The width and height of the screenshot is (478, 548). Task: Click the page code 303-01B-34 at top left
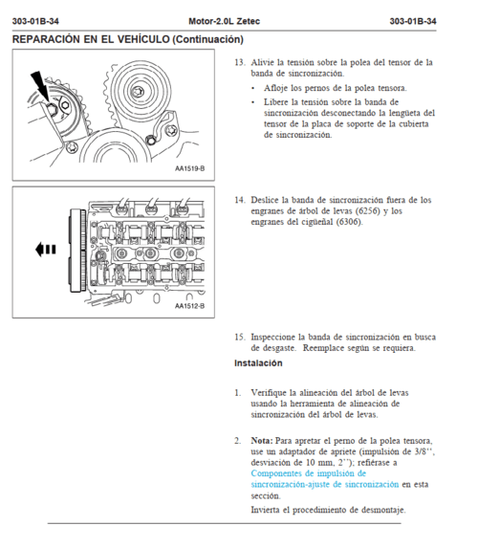point(35,21)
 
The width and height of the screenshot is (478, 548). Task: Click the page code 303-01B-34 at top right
point(413,21)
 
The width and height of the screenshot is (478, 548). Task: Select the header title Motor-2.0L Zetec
point(225,21)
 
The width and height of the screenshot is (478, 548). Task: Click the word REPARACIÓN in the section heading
point(46,39)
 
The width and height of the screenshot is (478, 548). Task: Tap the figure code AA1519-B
point(189,168)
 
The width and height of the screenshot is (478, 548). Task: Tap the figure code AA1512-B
point(189,306)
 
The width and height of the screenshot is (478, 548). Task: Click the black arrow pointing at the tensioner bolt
point(40,85)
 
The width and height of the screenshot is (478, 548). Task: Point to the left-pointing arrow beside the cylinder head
point(46,250)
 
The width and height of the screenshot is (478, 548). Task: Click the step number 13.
point(240,62)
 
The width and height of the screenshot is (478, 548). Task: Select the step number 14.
point(240,200)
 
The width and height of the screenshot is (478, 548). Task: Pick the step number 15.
point(240,338)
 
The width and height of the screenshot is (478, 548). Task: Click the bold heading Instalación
point(258,363)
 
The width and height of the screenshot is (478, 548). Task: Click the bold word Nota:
point(262,441)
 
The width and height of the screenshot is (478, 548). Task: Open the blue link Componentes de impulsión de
point(309,473)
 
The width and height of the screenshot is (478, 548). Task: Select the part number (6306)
point(349,222)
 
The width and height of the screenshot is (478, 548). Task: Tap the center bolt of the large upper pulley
point(138,92)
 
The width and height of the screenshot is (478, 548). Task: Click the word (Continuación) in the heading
point(207,39)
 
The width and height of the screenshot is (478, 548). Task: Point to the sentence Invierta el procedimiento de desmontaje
point(329,510)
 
